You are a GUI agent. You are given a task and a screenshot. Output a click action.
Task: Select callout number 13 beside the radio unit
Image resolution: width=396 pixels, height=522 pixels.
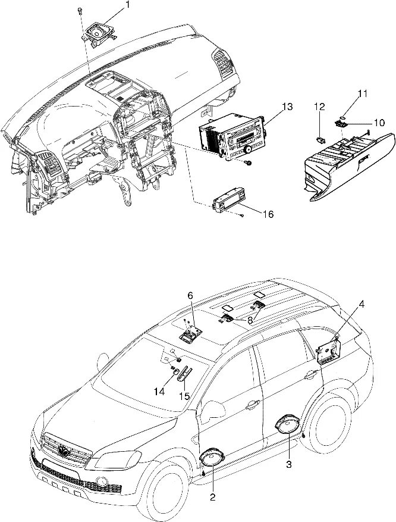click(287, 107)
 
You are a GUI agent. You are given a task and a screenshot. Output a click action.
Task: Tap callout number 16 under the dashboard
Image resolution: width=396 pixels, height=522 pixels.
click(268, 214)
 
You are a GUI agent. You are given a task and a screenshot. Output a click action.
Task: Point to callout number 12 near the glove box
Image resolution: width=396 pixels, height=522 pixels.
click(320, 107)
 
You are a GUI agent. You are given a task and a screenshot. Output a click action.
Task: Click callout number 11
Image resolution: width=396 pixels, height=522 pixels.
click(363, 93)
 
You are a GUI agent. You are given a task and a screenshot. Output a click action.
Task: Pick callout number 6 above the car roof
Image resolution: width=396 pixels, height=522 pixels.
click(190, 295)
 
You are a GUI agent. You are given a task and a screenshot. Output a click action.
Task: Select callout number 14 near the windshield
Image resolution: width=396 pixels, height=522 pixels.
click(159, 392)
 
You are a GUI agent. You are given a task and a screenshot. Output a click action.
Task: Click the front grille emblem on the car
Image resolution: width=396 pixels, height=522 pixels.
click(62, 451)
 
